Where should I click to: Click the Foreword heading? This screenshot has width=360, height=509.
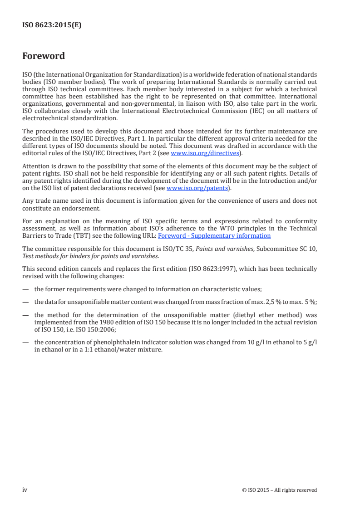pyautogui.click(x=44, y=56)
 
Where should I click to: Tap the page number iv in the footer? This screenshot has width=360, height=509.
pyautogui.click(x=25, y=489)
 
